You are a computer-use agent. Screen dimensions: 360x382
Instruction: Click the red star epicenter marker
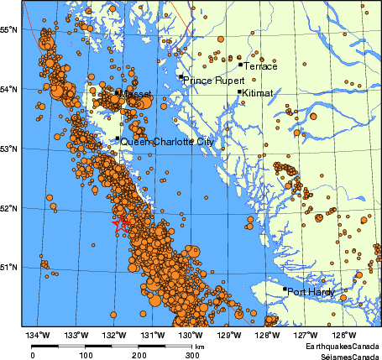[120, 224]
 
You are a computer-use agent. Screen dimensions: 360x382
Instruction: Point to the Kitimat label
[258, 94]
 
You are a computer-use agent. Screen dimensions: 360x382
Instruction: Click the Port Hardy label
[311, 292]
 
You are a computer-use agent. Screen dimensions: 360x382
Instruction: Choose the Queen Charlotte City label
[167, 143]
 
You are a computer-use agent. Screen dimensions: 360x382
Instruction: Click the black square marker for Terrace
[240, 64]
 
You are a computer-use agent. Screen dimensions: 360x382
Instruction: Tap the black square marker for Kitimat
[240, 92]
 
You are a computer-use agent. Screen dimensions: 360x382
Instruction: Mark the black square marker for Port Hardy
[285, 290]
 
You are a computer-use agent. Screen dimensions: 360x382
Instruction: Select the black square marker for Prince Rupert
[181, 77]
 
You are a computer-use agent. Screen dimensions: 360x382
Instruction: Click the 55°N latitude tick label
[10, 29]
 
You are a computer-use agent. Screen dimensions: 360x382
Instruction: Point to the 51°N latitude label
[10, 268]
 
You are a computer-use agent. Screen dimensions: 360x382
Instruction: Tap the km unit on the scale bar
[200, 346]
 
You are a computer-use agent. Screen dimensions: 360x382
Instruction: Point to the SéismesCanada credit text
[343, 355]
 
